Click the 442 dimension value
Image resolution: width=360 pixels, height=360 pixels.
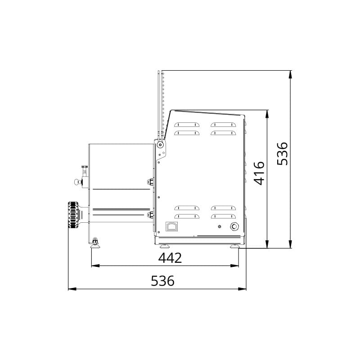[x=170, y=258]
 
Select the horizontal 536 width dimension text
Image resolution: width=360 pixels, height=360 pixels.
[x=162, y=281]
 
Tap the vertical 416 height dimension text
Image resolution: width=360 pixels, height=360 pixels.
[x=259, y=173]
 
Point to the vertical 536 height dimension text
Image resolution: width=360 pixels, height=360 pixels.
[x=282, y=153]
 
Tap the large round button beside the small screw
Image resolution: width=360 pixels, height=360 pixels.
[x=234, y=226]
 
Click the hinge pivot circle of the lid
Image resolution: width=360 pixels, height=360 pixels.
[x=160, y=145]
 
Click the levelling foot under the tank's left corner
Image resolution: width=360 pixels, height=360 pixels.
[x=95, y=243]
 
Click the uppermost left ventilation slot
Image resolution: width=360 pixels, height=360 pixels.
[x=186, y=125]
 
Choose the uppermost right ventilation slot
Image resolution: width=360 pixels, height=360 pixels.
[x=223, y=125]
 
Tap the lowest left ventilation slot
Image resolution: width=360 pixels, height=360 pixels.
[x=186, y=216]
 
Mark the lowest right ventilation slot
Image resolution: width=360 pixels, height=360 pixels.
[x=223, y=216]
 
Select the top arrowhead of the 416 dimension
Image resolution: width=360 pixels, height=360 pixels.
[x=268, y=113]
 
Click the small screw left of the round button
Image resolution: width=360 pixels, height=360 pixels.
[x=219, y=226]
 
